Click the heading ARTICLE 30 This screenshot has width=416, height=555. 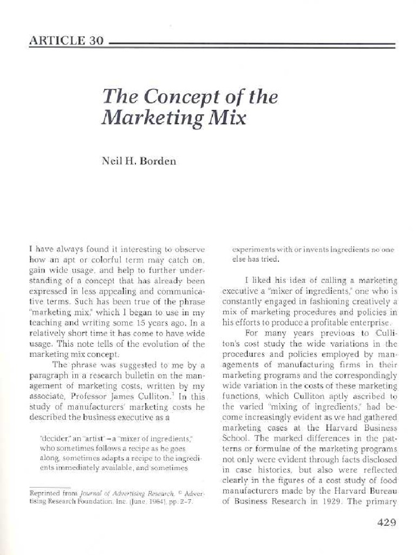tap(66, 41)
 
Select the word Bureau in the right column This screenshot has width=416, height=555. tap(384, 491)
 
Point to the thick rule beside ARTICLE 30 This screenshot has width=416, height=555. tap(252, 43)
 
